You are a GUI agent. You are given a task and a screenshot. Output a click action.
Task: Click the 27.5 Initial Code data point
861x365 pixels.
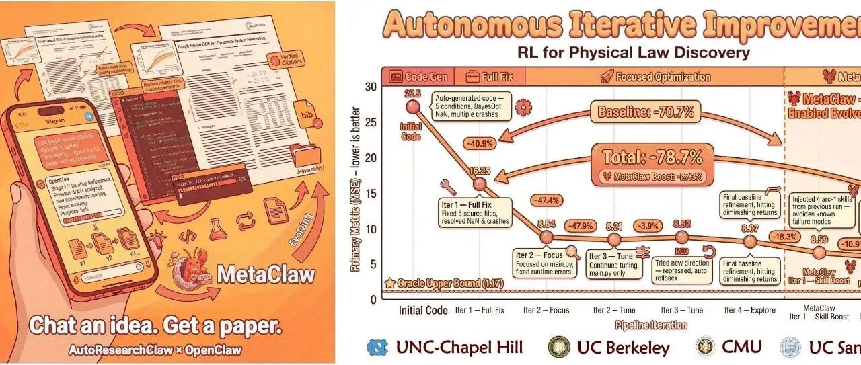[x=413, y=106]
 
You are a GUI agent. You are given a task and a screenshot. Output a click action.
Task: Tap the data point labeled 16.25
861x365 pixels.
[x=479, y=184]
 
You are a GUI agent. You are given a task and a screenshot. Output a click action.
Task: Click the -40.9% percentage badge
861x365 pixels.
[x=479, y=143]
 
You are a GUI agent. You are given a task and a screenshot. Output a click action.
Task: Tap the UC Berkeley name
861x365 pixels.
[x=623, y=347]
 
